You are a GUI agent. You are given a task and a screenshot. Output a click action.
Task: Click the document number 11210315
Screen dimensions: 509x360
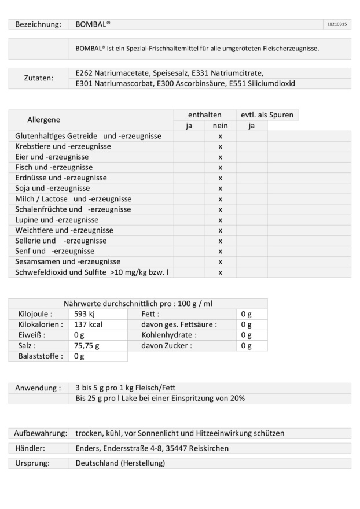(x=337, y=24)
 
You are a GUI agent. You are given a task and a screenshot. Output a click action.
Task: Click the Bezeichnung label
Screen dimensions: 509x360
(x=38, y=24)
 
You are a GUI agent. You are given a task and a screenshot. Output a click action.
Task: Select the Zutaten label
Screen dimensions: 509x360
(x=38, y=78)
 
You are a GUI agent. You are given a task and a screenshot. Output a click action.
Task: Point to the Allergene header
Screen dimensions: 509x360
(x=44, y=120)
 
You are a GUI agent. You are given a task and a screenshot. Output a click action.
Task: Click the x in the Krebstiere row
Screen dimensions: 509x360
(x=221, y=147)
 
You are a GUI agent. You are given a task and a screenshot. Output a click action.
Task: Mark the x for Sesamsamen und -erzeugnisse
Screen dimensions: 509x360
(x=221, y=262)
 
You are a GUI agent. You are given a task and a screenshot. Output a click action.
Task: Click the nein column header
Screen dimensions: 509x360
(x=221, y=126)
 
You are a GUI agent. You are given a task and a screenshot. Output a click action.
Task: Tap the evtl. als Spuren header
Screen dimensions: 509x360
(x=267, y=115)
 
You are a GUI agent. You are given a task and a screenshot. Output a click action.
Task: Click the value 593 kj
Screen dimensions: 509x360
(x=85, y=314)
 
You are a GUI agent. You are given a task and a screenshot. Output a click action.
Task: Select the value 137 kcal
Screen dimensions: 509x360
(x=89, y=324)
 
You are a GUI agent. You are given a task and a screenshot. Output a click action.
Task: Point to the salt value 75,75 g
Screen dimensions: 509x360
(x=87, y=345)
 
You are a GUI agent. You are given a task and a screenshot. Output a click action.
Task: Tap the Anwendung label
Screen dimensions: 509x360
(x=38, y=388)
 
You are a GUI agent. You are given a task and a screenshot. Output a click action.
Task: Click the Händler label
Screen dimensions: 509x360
(x=30, y=448)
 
